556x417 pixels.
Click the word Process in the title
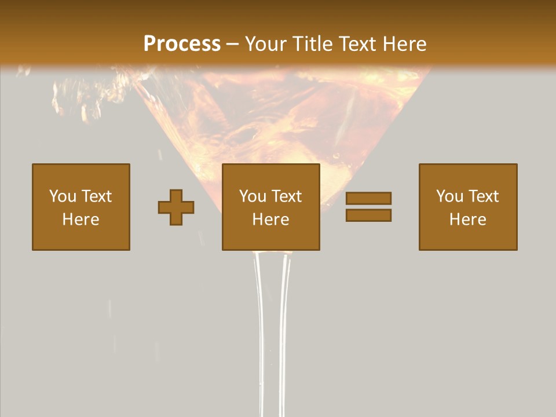[x=182, y=44]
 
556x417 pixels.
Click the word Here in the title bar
[x=405, y=44]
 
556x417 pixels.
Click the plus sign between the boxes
[x=176, y=207]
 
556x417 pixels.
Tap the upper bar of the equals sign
[x=368, y=199]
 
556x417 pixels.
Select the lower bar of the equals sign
[x=368, y=215]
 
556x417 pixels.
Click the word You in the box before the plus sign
[x=63, y=196]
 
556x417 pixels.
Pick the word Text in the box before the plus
[x=96, y=196]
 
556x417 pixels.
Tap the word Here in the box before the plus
[x=81, y=220]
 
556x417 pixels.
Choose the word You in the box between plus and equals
[x=253, y=196]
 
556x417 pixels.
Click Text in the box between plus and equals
[x=286, y=196]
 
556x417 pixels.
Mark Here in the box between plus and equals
[x=270, y=220]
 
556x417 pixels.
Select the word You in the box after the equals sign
[x=449, y=196]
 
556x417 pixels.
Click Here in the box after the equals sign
[x=467, y=220]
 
